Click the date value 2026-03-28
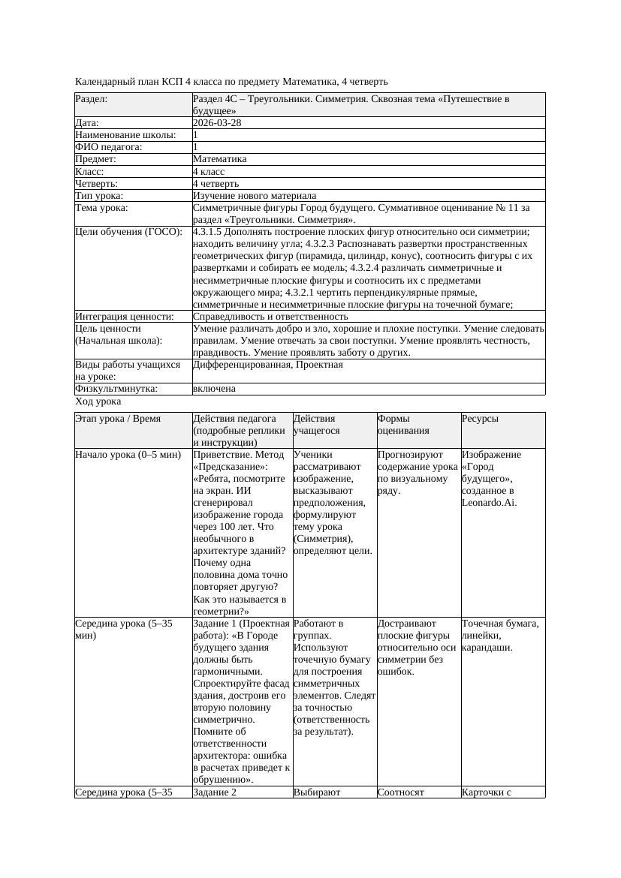[217, 123]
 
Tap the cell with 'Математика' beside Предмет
[219, 159]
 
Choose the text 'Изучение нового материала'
[255, 195]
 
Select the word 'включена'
[214, 389]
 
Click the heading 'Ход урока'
[98, 402]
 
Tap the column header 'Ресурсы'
[480, 419]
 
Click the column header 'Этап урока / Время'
[118, 419]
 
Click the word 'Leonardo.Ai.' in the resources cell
[489, 503]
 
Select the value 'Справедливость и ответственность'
[270, 317]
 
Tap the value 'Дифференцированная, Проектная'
[267, 365]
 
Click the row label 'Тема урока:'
[101, 208]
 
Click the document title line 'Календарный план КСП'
[231, 82]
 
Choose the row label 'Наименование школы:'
[125, 135]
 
